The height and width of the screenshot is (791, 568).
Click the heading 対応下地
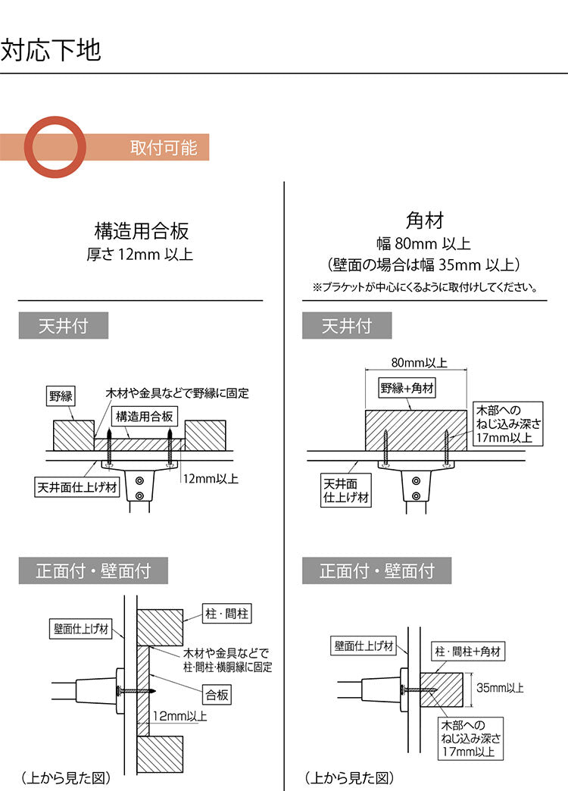tap(51, 50)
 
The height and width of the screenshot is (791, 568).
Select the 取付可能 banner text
tap(164, 147)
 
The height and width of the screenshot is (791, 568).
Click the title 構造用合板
tap(141, 230)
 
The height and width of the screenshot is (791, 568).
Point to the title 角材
tap(425, 220)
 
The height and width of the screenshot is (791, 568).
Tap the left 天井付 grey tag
tap(64, 327)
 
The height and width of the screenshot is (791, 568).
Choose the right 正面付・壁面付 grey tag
tap(377, 571)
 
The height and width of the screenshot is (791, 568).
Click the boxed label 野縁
tap(61, 395)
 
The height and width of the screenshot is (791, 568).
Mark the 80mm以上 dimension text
tap(419, 361)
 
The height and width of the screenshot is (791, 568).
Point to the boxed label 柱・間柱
tap(227, 614)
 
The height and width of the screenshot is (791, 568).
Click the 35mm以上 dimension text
tap(501, 688)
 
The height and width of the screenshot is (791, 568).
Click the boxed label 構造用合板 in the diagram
tap(144, 416)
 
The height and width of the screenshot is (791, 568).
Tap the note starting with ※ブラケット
tap(425, 288)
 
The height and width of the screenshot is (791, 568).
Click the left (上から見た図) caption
tap(66, 777)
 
